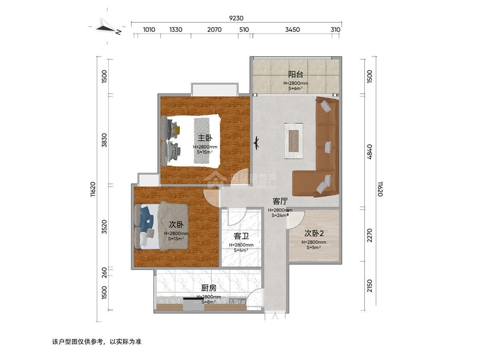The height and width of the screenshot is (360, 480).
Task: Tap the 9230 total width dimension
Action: (236, 18)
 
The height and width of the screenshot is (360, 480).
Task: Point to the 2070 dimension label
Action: (214, 30)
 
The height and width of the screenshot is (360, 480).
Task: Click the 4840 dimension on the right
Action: (369, 152)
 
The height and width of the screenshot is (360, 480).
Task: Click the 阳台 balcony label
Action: (296, 74)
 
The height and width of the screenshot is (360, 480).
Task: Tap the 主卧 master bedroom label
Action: (205, 138)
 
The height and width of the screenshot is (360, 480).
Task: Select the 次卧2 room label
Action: (314, 233)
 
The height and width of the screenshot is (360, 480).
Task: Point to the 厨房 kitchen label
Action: (209, 288)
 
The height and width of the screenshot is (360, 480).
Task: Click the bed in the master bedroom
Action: (192, 140)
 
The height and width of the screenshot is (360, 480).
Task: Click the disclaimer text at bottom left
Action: (97, 342)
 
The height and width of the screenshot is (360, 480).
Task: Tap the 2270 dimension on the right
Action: (369, 235)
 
